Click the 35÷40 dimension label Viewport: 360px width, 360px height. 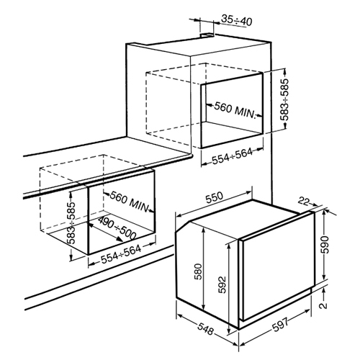coord(236,20)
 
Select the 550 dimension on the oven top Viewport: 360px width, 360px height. coord(215,197)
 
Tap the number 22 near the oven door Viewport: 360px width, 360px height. coord(304,201)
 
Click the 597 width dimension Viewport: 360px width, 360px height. coord(281,325)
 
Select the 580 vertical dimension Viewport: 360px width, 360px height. coord(199,272)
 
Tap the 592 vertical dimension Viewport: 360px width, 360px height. coord(222,285)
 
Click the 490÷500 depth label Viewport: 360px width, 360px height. coord(117,229)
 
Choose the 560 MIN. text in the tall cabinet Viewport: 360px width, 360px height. coord(234,110)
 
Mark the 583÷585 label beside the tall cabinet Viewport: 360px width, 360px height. coord(284,99)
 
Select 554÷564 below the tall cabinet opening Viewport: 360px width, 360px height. coord(232,156)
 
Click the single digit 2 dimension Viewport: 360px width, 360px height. coord(325,305)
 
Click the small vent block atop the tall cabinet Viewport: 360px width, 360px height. coord(207,35)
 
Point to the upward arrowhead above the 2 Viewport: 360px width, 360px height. coord(324,291)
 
